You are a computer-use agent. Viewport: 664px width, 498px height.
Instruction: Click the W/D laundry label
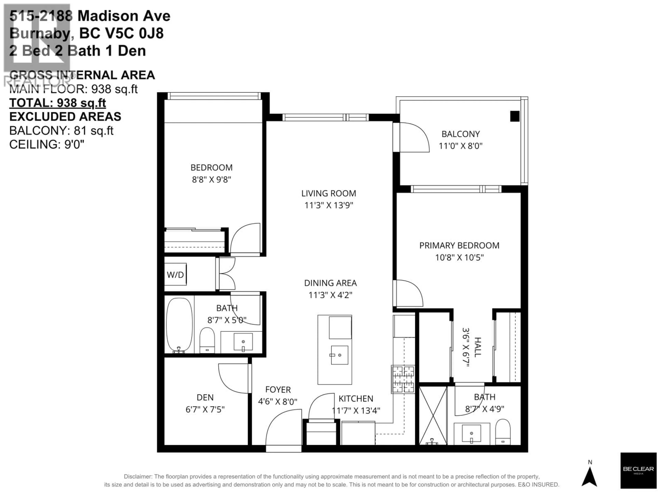coord(175,275)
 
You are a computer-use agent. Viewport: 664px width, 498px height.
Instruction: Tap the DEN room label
coord(205,397)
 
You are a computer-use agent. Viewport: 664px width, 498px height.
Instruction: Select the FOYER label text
coord(278,390)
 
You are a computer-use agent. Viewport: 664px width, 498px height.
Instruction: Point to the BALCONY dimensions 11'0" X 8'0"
coord(460,146)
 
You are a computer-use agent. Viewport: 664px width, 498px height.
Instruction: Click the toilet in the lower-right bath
coord(503,432)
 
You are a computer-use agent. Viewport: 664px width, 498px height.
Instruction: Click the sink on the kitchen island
coord(339,355)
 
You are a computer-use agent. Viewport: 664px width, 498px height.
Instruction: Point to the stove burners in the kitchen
coord(403,379)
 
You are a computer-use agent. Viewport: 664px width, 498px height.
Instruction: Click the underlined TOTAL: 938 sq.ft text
coord(58,103)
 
